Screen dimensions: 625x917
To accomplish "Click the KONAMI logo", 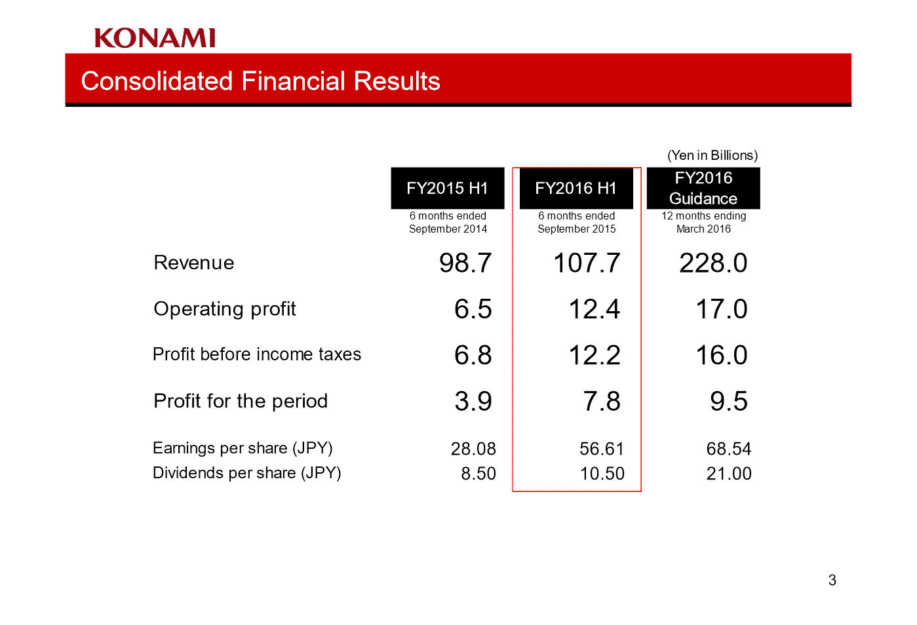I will [155, 38].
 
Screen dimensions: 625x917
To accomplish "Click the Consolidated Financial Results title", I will [260, 81].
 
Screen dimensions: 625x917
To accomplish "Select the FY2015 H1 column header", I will [448, 188].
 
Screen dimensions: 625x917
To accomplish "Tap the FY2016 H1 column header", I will [576, 188].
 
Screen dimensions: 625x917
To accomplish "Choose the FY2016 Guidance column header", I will [703, 188].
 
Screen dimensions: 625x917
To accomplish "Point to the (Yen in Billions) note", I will [712, 155].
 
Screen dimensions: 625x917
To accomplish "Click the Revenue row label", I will [194, 263].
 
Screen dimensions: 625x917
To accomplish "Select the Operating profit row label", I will [225, 309].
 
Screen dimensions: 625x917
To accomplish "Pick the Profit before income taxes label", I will [257, 354].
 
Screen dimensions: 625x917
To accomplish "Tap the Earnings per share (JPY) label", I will [243, 448].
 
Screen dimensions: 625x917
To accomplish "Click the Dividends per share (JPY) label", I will [247, 473].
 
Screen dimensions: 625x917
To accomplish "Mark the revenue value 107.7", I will [587, 263].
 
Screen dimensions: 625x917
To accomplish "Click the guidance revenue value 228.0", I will [713, 263].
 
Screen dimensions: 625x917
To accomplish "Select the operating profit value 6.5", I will [473, 309].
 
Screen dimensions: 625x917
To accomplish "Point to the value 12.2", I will [595, 355].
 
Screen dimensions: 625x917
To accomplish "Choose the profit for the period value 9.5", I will [729, 402].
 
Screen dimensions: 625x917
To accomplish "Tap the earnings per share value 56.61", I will [602, 449].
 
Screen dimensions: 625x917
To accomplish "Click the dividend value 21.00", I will [729, 474].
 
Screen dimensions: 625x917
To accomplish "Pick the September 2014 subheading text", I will [448, 229].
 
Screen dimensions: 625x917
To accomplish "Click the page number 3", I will [832, 580].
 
